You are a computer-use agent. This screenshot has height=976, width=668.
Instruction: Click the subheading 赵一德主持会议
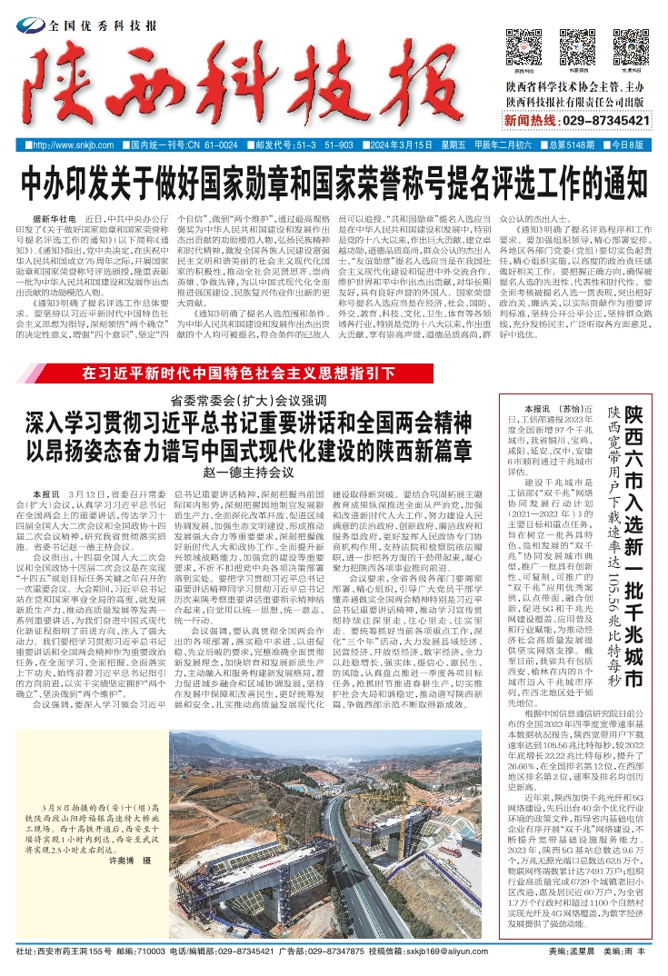248,473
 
